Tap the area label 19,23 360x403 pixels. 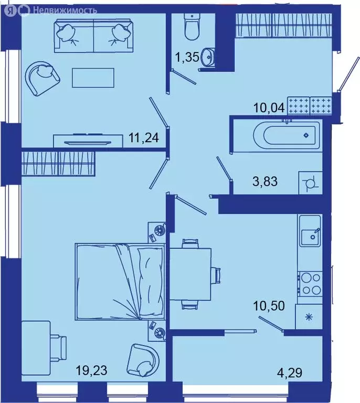91,371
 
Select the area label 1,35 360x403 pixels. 187,57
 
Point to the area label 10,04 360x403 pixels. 269,109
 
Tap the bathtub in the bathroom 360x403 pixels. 286,135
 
